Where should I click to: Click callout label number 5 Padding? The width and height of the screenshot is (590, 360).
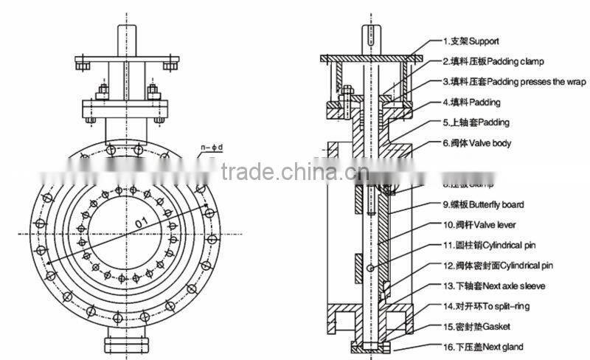tap(476, 122)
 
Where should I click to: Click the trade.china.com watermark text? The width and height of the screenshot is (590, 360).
tap(295, 172)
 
